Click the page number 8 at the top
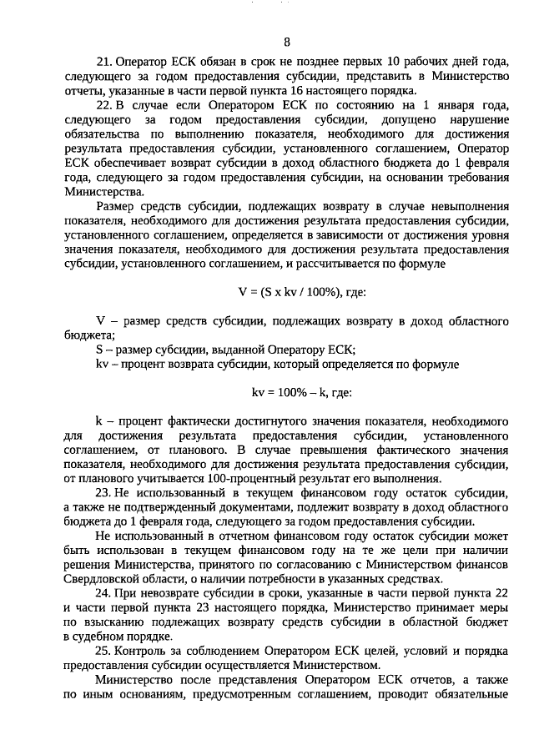[x=286, y=42]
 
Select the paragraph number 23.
[x=103, y=494]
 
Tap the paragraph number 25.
[x=103, y=651]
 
